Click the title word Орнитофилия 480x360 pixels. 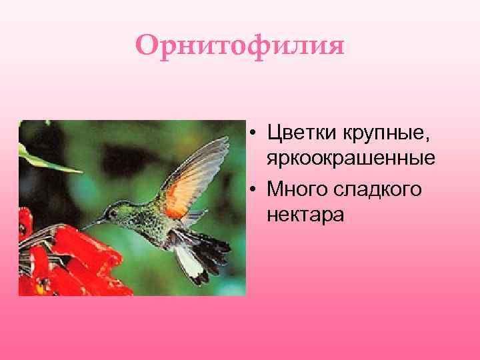pyautogui.click(x=240, y=46)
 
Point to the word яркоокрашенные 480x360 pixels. pyautogui.click(x=351, y=159)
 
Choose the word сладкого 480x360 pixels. pyautogui.click(x=381, y=190)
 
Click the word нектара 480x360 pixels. pyautogui.click(x=305, y=215)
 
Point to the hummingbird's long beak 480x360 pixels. pyautogui.click(x=93, y=222)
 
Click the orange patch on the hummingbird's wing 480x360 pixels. pyautogui.click(x=179, y=193)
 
